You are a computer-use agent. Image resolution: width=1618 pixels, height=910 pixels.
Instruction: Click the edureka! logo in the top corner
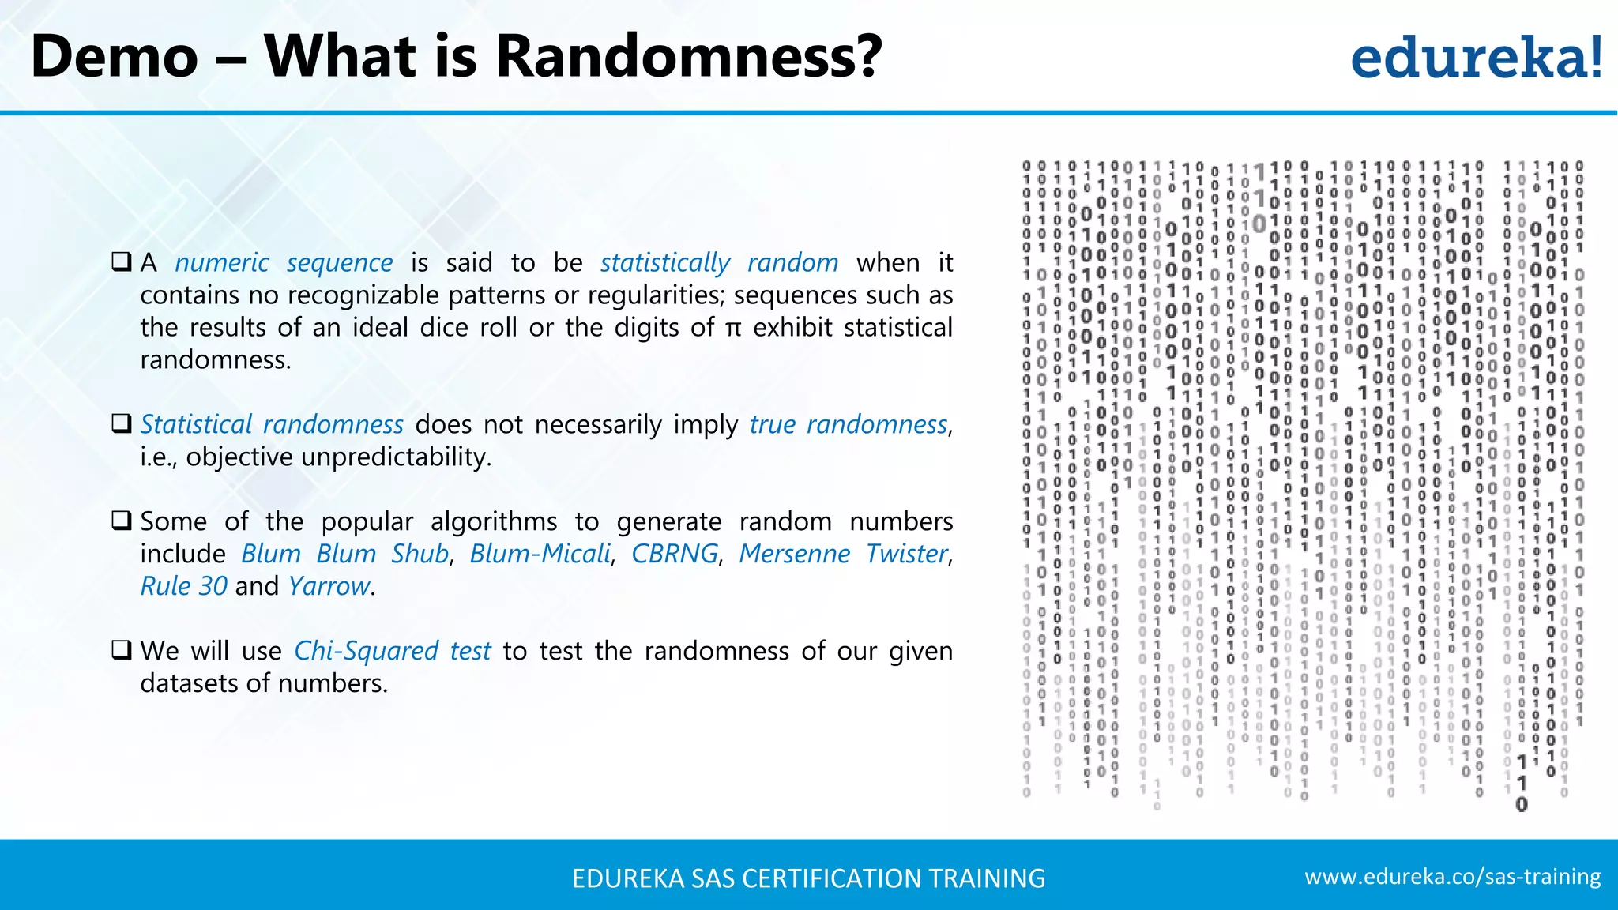1476,57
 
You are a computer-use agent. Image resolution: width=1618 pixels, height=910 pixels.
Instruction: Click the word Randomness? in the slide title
688,57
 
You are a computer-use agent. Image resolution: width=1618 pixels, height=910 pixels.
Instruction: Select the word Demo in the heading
115,57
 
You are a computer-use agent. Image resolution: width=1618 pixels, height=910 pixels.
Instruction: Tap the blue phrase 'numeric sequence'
284,262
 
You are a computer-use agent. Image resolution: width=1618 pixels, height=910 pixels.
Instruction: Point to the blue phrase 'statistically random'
719,262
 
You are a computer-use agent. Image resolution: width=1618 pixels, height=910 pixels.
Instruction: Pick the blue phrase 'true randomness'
848,424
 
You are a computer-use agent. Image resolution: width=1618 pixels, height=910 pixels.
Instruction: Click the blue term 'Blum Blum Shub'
344,554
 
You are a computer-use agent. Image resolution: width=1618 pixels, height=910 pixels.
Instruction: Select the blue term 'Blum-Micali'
540,554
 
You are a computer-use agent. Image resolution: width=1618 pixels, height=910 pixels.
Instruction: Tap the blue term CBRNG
675,554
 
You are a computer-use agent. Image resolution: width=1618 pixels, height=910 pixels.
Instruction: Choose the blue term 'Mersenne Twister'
843,554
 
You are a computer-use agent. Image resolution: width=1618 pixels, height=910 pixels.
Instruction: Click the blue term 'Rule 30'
183,586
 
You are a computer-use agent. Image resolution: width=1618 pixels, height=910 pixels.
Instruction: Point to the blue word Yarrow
329,586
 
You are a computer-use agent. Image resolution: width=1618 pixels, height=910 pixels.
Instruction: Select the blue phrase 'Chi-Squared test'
393,651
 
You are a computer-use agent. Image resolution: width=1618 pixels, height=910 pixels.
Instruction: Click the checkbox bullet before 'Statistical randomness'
122,423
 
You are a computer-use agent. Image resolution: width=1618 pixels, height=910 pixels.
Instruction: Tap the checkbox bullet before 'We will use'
122,650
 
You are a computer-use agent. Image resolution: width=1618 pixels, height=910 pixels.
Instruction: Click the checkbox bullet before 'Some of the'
122,521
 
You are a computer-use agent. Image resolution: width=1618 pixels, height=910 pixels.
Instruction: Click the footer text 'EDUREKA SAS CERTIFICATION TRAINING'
808,878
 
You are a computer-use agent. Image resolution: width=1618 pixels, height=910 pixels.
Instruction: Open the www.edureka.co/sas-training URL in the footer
1452,877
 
